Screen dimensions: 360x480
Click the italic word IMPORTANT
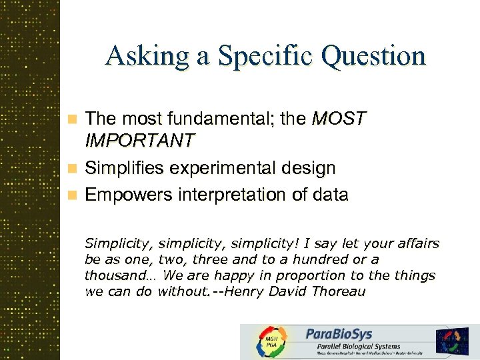140,141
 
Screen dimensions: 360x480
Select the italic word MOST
339,119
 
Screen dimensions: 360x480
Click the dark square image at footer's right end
453,341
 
